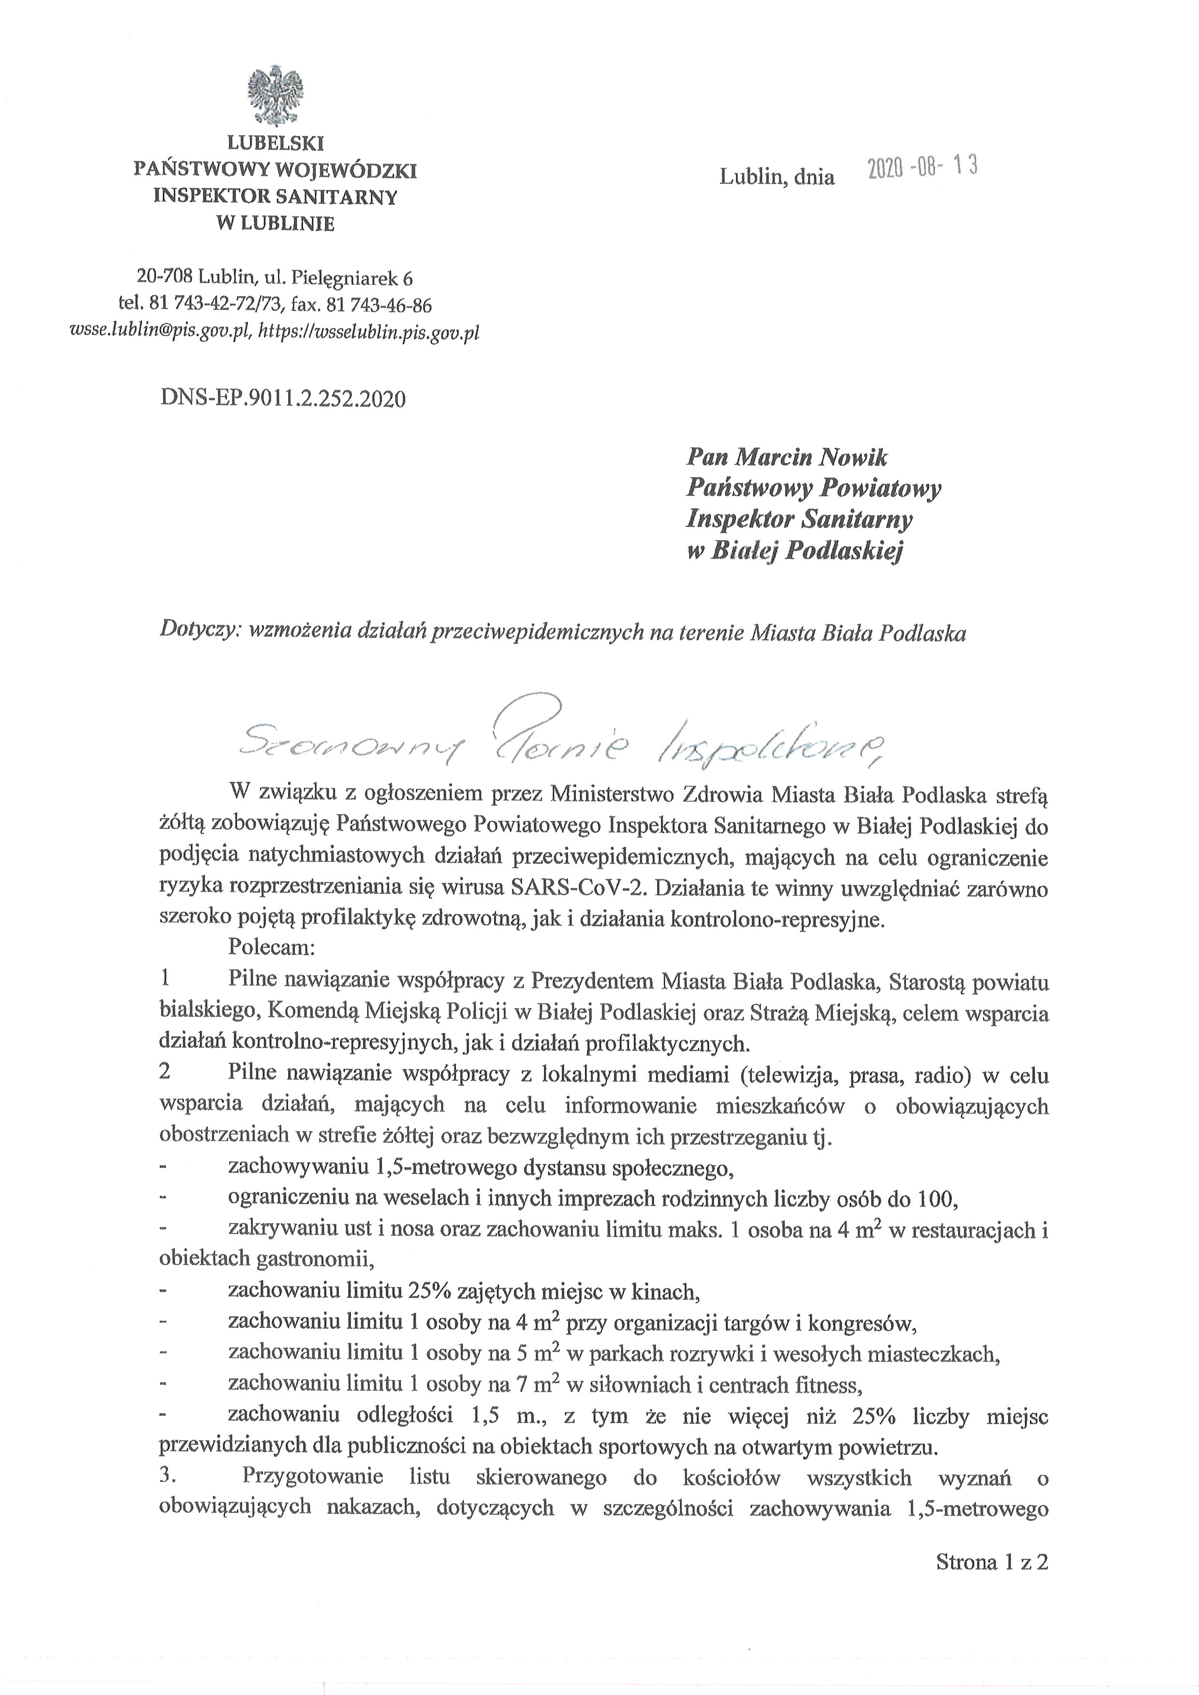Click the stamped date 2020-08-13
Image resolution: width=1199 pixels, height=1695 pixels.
pyautogui.click(x=922, y=168)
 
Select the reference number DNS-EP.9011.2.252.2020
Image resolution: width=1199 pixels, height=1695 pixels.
pyautogui.click(x=283, y=399)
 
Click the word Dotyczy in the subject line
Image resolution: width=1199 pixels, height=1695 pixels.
pyautogui.click(x=199, y=632)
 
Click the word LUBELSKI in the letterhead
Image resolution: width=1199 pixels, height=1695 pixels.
pyautogui.click(x=276, y=143)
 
